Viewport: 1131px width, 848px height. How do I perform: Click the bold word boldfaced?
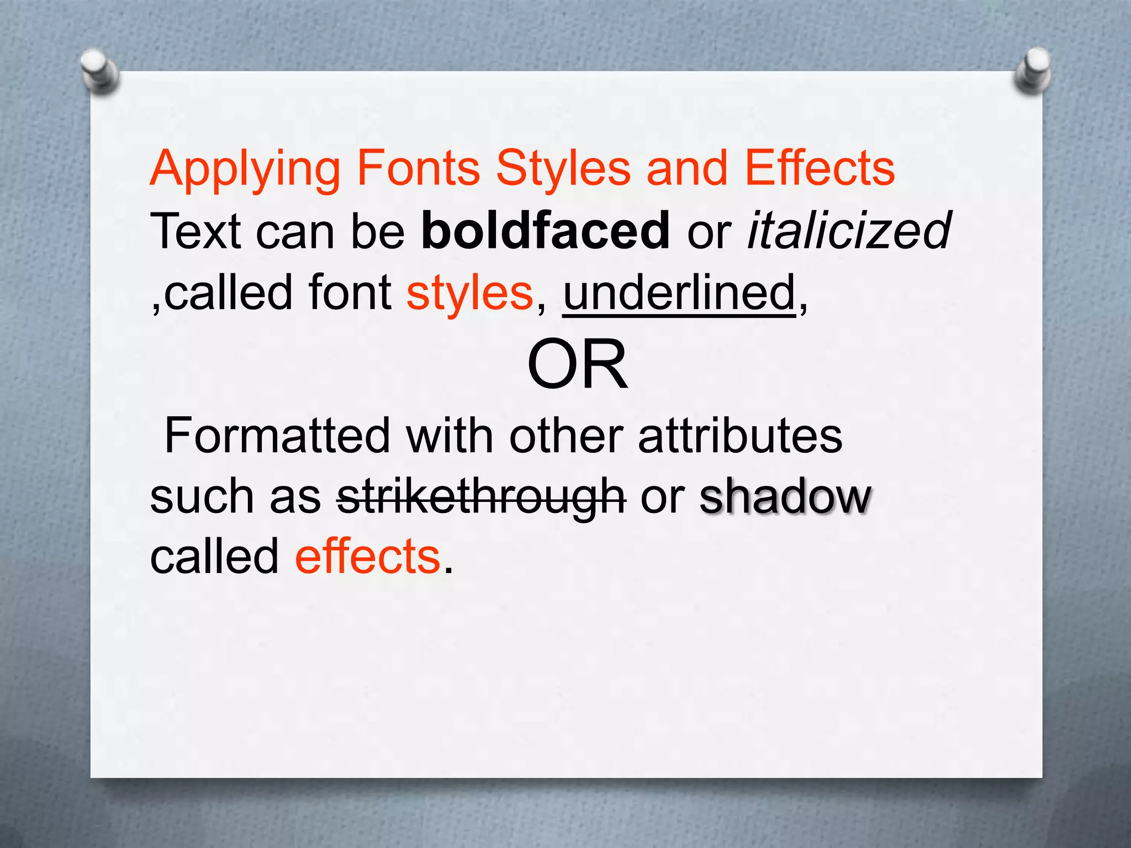[546, 231]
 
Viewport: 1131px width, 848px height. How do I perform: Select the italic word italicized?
[849, 231]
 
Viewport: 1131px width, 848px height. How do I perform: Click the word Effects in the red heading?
[820, 168]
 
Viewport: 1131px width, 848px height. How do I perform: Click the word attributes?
[740, 436]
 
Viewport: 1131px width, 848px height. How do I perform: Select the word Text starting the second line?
[195, 231]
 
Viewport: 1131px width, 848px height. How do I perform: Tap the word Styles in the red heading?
[563, 169]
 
